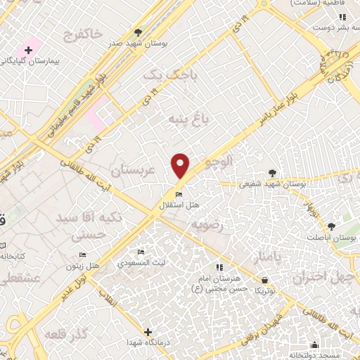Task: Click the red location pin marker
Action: click(x=181, y=166)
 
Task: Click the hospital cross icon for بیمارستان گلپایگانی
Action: click(x=28, y=50)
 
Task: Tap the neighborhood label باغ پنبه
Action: click(x=184, y=119)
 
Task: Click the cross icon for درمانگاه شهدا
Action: click(x=148, y=332)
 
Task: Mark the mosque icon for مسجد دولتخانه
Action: click(x=314, y=345)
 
